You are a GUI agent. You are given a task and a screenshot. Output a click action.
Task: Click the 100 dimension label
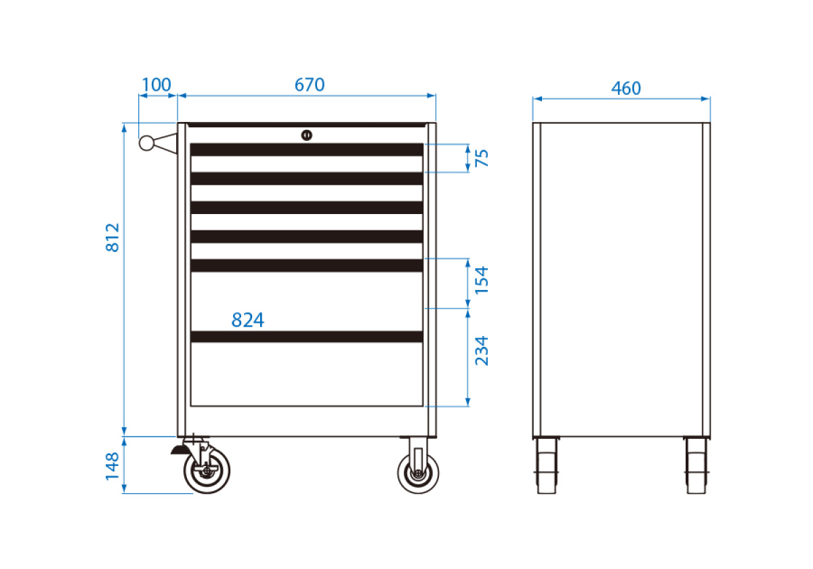click(x=156, y=85)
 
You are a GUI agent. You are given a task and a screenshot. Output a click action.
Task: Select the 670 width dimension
click(x=309, y=85)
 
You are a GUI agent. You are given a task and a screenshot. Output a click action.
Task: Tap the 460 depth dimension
click(x=626, y=88)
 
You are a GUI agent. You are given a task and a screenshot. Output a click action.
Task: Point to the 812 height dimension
click(x=112, y=238)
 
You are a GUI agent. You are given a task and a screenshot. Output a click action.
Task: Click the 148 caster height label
click(x=112, y=466)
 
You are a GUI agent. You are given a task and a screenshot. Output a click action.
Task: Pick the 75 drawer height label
click(x=482, y=158)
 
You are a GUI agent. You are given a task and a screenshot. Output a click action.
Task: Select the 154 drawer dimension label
click(x=482, y=280)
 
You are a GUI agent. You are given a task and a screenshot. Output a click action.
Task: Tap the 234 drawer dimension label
click(x=482, y=351)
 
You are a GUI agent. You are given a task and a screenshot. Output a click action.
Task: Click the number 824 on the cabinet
click(x=248, y=320)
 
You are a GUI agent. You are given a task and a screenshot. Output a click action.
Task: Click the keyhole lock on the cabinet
click(x=307, y=135)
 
